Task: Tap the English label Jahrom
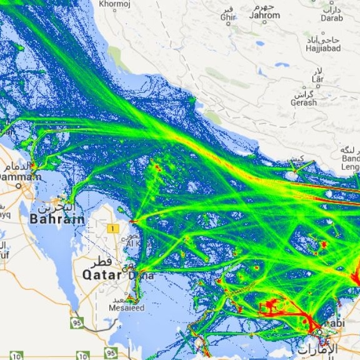(265, 15)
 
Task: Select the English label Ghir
(226, 17)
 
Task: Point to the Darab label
(332, 18)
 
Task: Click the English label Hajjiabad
(322, 48)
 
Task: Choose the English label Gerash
(304, 102)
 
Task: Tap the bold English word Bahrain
(57, 219)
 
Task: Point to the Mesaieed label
(126, 308)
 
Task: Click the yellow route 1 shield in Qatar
(112, 229)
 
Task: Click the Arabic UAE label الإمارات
(316, 349)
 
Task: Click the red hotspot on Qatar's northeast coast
(132, 221)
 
